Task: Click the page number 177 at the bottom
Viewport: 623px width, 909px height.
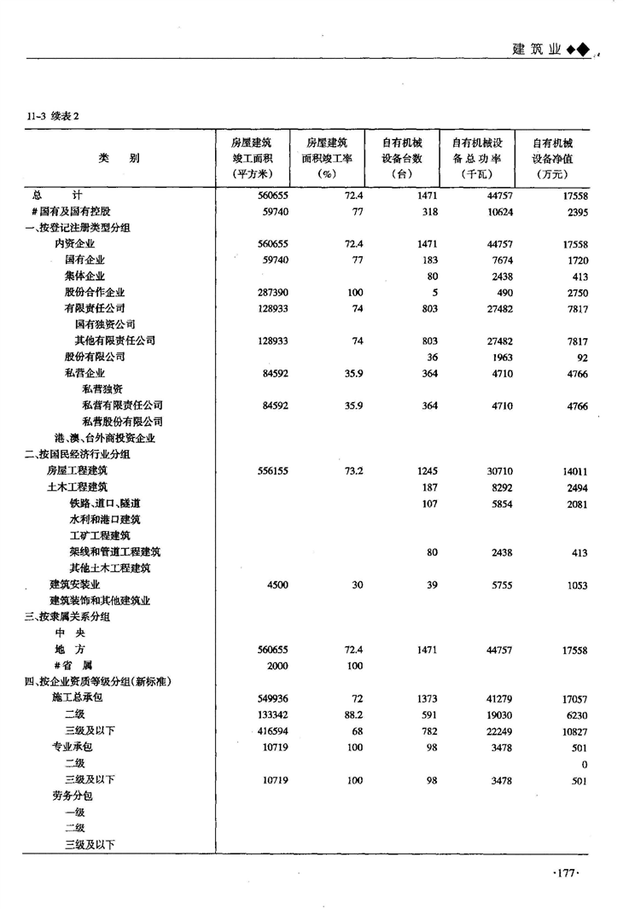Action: (567, 871)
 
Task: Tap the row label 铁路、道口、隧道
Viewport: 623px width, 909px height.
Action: (105, 504)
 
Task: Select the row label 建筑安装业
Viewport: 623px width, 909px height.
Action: (75, 585)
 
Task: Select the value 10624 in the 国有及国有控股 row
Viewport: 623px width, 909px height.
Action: (496, 211)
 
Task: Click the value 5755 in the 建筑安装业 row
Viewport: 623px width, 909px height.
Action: (500, 585)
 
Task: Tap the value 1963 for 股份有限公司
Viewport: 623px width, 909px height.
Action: (500, 357)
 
